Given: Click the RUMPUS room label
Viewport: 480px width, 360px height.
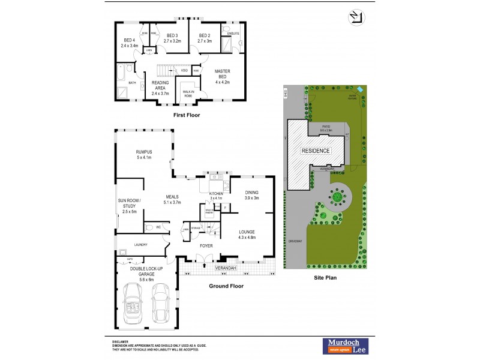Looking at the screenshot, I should [144, 152].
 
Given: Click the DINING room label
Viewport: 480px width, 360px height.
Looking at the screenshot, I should [251, 194].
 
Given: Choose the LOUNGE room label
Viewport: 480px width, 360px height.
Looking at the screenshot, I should [247, 232].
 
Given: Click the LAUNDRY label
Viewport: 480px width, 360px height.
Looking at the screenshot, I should [141, 245].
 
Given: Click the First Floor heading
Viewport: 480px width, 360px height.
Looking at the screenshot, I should [186, 115].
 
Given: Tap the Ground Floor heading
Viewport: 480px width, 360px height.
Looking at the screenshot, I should [225, 286].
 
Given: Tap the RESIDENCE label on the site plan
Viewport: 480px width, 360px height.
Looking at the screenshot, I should [316, 151].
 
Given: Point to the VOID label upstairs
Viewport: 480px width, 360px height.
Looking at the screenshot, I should [184, 70].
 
